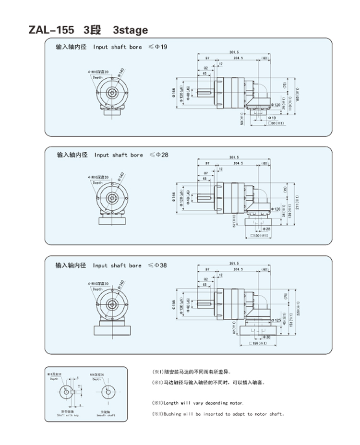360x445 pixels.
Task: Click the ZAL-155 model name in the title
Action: pyautogui.click(x=51, y=30)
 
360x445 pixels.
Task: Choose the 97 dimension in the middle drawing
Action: pyautogui.click(x=207, y=163)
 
